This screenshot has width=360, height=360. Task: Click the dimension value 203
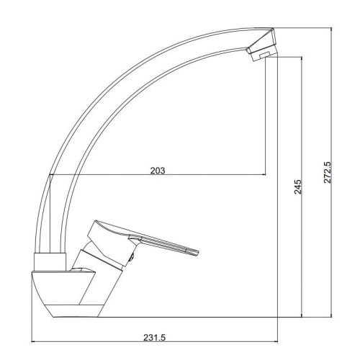point(158,171)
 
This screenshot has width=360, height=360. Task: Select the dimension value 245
point(298,186)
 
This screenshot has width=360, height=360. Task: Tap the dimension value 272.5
point(328,172)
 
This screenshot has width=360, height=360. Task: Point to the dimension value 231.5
point(155,338)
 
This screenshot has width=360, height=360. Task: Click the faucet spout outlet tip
point(263,55)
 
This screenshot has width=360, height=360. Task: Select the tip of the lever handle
point(198,253)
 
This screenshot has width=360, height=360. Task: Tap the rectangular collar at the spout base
point(50,262)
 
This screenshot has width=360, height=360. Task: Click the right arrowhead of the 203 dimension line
point(264,174)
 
